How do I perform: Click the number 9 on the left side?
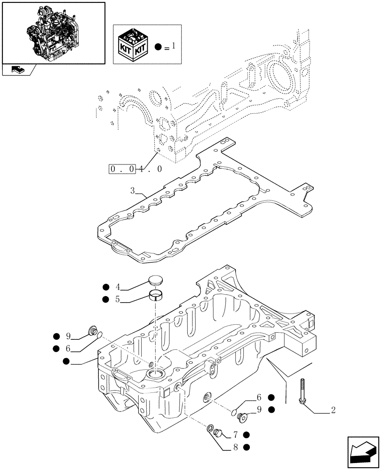(69, 336)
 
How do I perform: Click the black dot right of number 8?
(247, 447)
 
